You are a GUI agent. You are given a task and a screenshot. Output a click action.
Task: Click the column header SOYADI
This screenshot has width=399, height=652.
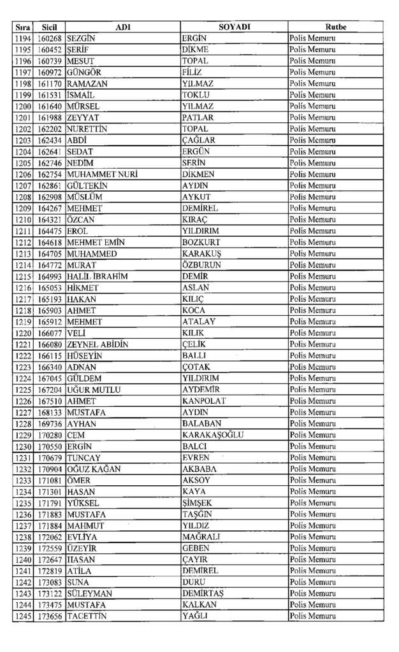tap(234, 27)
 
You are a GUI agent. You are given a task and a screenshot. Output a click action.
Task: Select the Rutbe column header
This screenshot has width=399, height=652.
tap(335, 27)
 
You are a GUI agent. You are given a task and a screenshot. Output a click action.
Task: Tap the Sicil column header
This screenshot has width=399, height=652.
tap(49, 27)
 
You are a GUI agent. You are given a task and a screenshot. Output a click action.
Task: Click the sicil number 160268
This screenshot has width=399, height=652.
tap(49, 38)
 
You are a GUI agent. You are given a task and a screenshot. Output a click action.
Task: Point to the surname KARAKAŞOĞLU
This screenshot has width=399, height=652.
tap(212, 435)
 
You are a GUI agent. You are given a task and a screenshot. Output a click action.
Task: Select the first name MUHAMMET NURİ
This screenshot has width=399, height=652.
tap(102, 174)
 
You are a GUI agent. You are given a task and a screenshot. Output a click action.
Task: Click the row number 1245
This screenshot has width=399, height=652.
tap(22, 616)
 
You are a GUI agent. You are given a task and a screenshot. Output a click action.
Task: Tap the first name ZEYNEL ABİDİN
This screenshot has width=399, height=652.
tap(98, 344)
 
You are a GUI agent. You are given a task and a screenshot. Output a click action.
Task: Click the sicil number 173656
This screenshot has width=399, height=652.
tap(49, 616)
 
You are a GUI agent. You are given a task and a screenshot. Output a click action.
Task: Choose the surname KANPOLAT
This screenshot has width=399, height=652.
tap(203, 401)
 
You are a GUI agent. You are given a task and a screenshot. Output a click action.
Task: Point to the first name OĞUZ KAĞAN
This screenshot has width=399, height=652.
tap(92, 469)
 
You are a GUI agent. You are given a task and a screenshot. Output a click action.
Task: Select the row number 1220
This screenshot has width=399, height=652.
tap(22, 333)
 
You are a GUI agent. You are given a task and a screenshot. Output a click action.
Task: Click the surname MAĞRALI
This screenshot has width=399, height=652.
tap(201, 537)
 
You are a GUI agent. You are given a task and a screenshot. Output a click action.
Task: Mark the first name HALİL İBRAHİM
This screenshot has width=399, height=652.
tap(98, 276)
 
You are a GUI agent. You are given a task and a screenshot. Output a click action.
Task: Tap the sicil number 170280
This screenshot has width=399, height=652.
tap(49, 435)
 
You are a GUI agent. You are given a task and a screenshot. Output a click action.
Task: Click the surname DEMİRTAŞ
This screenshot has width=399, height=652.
tap(203, 593)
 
